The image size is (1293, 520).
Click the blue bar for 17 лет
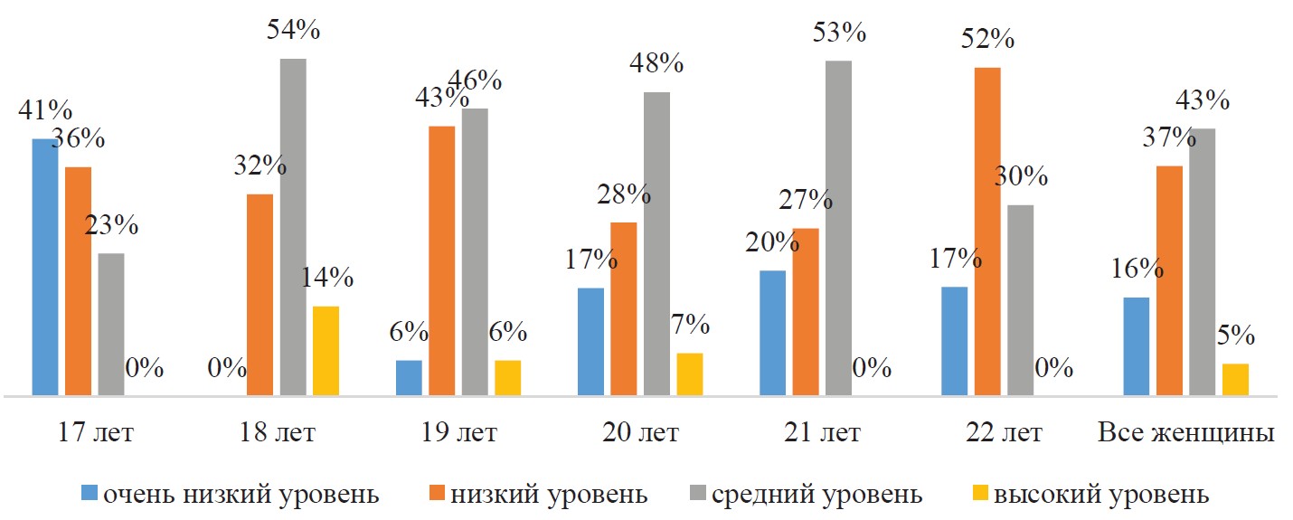tap(45, 267)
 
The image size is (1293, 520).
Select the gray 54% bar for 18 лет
tap(293, 227)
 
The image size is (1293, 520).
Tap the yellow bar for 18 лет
tap(326, 351)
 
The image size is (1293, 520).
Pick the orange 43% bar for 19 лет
tap(441, 260)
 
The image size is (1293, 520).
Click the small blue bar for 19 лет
tap(409, 377)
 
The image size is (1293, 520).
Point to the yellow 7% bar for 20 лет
tap(689, 373)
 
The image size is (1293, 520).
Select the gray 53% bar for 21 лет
tap(838, 228)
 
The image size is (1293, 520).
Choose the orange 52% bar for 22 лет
tap(987, 232)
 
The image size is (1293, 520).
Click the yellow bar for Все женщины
tap(1235, 379)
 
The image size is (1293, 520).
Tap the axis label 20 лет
tap(641, 433)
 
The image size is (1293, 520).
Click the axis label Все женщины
tap(1186, 433)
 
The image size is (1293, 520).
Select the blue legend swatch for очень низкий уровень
tap(90, 494)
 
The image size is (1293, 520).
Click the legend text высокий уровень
tap(1101, 495)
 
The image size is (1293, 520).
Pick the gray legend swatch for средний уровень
tap(696, 494)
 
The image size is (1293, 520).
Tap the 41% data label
tap(44, 111)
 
